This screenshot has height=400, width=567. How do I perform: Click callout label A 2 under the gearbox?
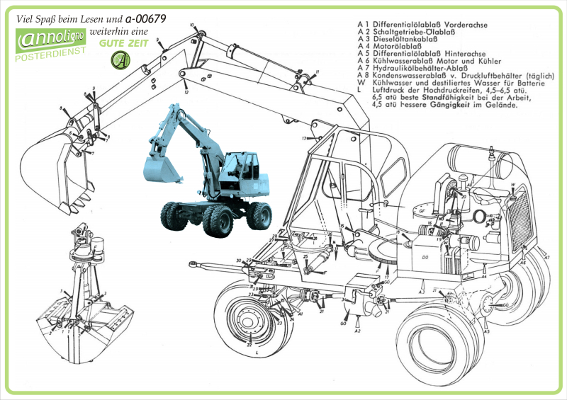pyautogui.click(x=358, y=331)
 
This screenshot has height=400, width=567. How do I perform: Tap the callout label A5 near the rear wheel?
pyautogui.click(x=486, y=331)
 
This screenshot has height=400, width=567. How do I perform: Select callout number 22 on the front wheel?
pyautogui.click(x=249, y=345)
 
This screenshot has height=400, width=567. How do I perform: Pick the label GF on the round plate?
pyautogui.click(x=420, y=211)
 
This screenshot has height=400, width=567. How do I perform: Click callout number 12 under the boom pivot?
pyautogui.click(x=186, y=92)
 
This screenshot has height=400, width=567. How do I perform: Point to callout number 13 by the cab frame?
pyautogui.click(x=304, y=138)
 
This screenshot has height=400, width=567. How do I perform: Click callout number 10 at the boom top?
pyautogui.click(x=191, y=25)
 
